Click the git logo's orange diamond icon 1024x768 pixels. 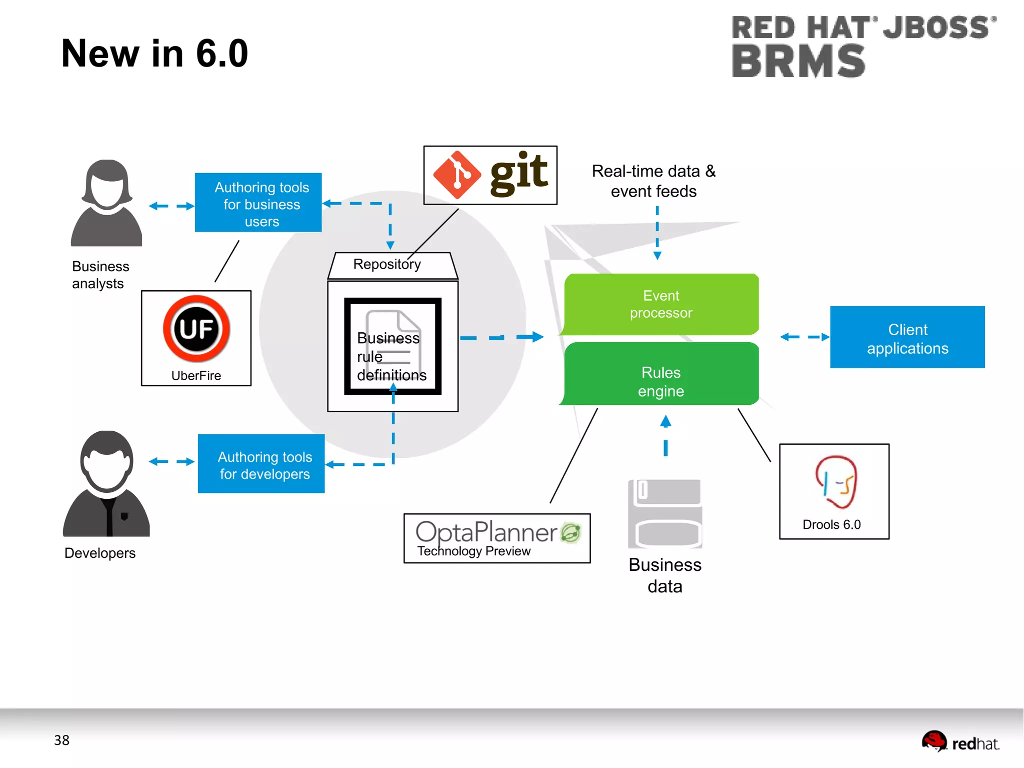457,175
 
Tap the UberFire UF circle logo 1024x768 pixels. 196,329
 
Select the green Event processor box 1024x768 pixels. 661,304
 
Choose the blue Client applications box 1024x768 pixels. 907,338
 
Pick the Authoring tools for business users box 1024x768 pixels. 258,203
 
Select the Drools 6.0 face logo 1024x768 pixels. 836,482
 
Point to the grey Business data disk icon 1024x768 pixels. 665,514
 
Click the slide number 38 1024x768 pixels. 61,740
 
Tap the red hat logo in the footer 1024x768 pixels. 933,741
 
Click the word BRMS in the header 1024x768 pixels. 798,61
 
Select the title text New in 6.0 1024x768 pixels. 154,54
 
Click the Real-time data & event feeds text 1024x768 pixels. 653,181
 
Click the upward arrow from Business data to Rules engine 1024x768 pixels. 665,435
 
